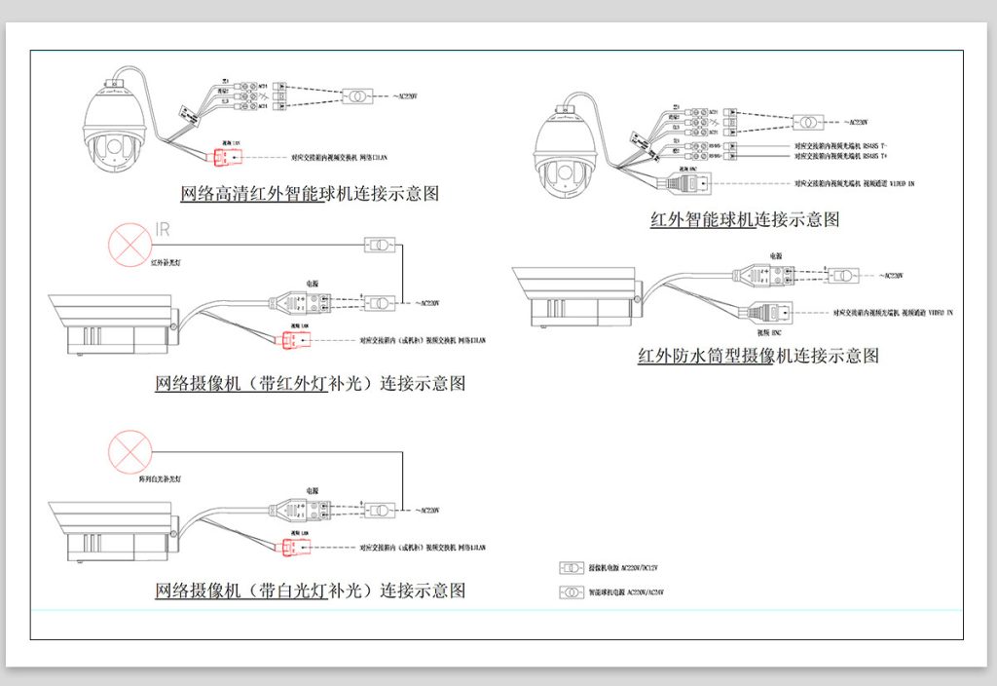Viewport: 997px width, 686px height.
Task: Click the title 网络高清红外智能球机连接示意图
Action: point(310,193)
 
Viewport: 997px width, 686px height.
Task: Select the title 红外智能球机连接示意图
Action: point(745,219)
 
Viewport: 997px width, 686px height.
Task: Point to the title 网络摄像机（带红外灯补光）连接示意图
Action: point(310,383)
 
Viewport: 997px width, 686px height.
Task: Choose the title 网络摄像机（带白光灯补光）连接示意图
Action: point(310,591)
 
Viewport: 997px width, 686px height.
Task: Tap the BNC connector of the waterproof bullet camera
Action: point(769,313)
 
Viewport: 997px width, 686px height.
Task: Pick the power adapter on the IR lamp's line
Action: point(379,244)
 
